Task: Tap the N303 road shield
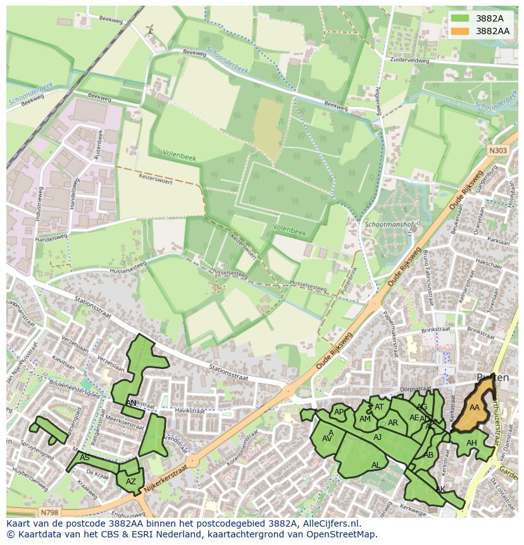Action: point(497,150)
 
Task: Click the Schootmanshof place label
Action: point(389,225)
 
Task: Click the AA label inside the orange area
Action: point(474,408)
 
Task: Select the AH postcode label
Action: point(471,443)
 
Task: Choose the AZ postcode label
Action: point(131,482)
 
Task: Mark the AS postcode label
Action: point(85,458)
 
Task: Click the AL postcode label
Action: point(376,465)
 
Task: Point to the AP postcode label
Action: point(339,412)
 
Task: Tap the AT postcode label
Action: point(379,407)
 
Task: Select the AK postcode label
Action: point(440,489)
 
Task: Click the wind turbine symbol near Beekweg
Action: point(150,29)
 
